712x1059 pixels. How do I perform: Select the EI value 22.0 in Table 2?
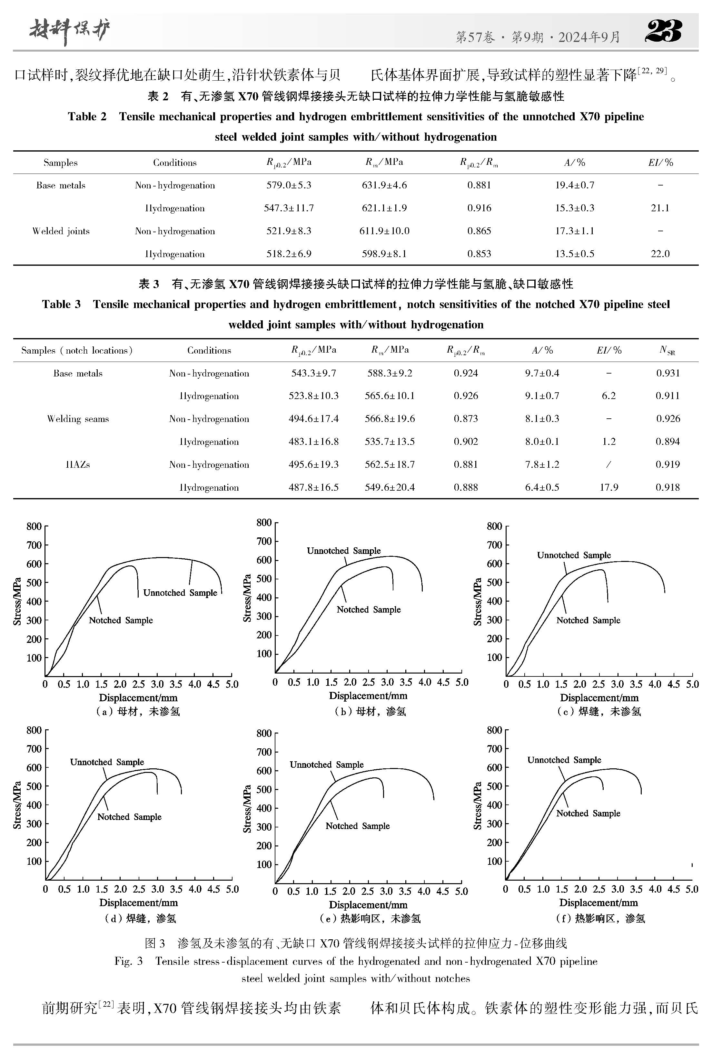pyautogui.click(x=660, y=254)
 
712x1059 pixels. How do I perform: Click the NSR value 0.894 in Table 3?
pyautogui.click(x=667, y=441)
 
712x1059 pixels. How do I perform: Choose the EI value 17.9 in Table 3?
pyautogui.click(x=608, y=487)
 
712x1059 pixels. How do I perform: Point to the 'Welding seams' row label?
pyautogui.click(x=78, y=419)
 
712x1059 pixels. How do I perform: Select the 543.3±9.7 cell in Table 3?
pyautogui.click(x=313, y=373)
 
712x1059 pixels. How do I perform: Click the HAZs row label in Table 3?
pyautogui.click(x=78, y=465)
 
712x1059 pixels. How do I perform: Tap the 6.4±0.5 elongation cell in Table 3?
pyautogui.click(x=542, y=487)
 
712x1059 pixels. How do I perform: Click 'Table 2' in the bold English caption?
pyautogui.click(x=87, y=117)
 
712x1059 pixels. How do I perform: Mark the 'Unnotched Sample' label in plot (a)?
pyautogui.click(x=180, y=593)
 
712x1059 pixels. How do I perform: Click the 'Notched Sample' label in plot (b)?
pyautogui.click(x=368, y=609)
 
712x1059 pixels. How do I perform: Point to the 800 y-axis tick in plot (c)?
pyautogui.click(x=494, y=526)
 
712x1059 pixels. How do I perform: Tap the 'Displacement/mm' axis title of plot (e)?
pyautogui.click(x=368, y=904)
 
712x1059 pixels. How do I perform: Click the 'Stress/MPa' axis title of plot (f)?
pyautogui.click(x=477, y=805)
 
